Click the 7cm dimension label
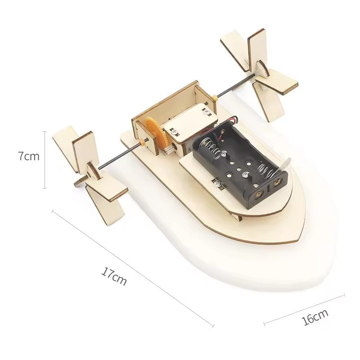point(29,157)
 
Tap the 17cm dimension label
point(114,277)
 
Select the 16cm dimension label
point(315,317)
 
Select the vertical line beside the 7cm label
point(45,160)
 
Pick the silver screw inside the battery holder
point(245,173)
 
